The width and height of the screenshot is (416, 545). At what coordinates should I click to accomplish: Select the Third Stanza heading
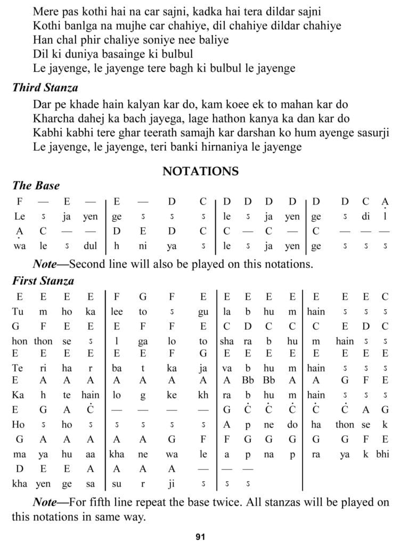(45, 88)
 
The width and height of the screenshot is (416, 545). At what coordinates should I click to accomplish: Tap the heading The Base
(36, 186)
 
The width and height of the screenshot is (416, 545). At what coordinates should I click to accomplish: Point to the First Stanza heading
(43, 280)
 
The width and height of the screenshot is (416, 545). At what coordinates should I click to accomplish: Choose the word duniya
(78, 54)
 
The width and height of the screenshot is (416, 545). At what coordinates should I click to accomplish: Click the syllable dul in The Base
(90, 246)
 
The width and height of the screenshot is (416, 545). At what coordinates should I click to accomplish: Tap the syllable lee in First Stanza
(117, 312)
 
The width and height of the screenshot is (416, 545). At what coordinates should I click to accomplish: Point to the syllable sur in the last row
(117, 483)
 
